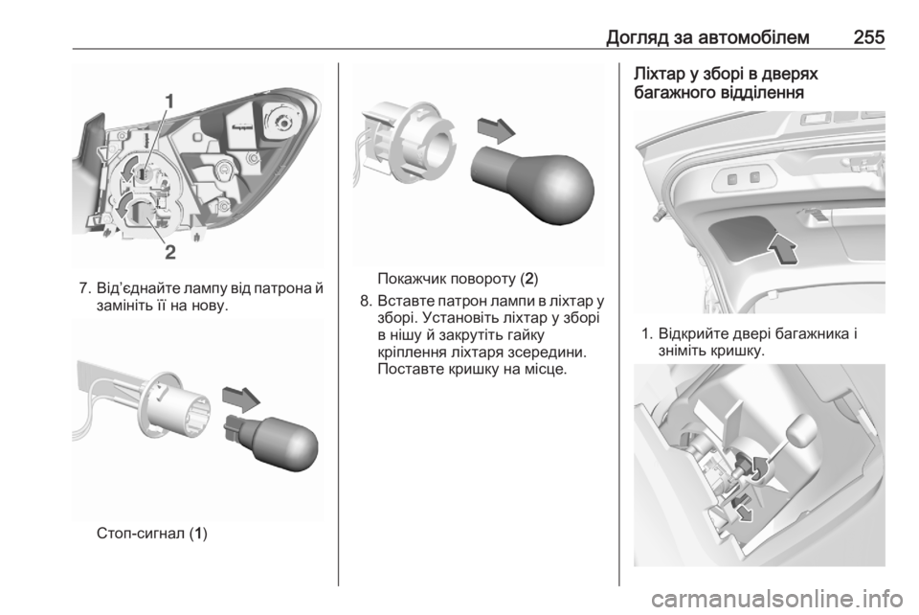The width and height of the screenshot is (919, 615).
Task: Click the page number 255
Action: click(x=868, y=37)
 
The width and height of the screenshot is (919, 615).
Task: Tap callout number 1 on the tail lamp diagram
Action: click(x=168, y=102)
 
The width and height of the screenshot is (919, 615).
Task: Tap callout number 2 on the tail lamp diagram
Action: click(x=170, y=253)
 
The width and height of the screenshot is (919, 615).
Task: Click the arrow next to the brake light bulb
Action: click(x=241, y=399)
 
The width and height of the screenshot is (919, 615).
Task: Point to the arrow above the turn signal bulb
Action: click(x=497, y=129)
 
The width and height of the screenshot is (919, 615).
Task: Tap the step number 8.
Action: click(x=365, y=303)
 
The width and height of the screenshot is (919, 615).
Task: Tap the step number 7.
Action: click(x=84, y=289)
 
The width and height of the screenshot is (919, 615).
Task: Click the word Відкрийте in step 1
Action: click(x=693, y=335)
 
